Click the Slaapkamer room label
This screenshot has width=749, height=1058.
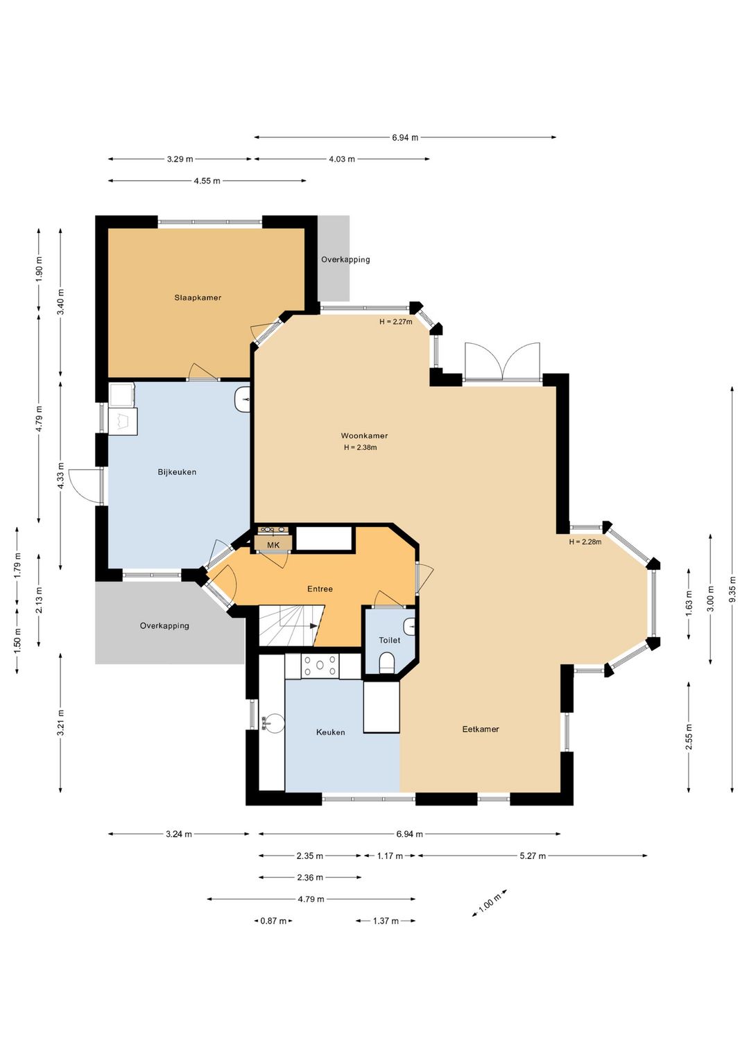pos(198,297)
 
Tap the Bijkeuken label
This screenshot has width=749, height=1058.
pos(177,472)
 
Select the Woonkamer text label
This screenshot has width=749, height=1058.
pos(364,435)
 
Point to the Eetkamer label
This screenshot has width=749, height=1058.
pos(480,729)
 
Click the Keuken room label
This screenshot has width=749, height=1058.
pos(330,732)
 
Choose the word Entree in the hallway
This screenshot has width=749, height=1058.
pos(320,589)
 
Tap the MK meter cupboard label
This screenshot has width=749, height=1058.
pos(273,545)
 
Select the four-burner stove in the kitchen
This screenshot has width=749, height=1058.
pos(320,666)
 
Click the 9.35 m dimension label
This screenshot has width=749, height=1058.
pos(732,589)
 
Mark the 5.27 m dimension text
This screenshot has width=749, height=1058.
pos(533,856)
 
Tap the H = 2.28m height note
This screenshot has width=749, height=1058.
pos(585,541)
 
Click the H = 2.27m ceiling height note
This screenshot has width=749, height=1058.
pos(395,322)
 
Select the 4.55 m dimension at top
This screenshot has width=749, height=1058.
pos(207,180)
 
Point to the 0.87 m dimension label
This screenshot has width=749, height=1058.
pos(273,921)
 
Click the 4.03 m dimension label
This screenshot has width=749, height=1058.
pos(342,159)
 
